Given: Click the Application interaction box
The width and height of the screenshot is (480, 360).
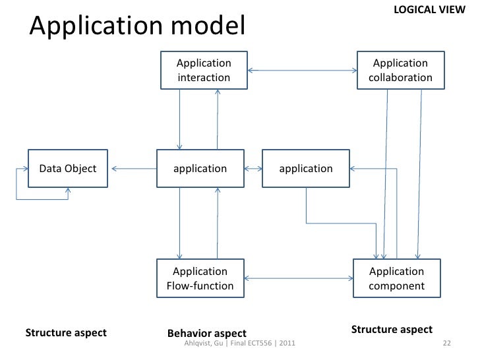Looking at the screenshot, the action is pos(204,70).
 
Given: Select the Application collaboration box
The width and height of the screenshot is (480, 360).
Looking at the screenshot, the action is pos(401,70).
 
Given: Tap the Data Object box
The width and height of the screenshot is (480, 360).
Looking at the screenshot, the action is pos(68,168).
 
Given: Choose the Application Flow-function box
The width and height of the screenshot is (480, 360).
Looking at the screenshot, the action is pos(200,278).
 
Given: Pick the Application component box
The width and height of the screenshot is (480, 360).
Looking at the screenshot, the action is pos(397,278).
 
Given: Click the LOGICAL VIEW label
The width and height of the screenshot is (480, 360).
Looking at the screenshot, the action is pos(429,10).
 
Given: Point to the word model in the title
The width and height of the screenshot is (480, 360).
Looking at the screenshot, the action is pos(208,25).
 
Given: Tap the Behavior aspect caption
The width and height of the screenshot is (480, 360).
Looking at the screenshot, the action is pos(207,333).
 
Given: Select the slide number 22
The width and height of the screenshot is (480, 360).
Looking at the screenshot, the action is pos(447,343).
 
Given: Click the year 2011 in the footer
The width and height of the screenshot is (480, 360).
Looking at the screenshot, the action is pos(287,343).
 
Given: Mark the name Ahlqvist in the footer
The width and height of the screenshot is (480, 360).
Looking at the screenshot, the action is pos(198,343).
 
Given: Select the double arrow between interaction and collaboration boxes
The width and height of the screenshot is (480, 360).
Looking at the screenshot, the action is pos(302,71).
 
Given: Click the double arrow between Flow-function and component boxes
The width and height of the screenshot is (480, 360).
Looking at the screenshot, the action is pos(299,278).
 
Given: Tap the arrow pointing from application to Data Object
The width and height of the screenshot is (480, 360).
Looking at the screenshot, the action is pos(134,169).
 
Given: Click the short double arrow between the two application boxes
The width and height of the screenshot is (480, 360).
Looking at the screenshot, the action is pos(253,169).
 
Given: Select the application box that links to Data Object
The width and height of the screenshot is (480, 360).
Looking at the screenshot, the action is pos(200,168).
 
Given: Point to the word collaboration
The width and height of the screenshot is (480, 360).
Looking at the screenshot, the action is pos(400,77).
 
